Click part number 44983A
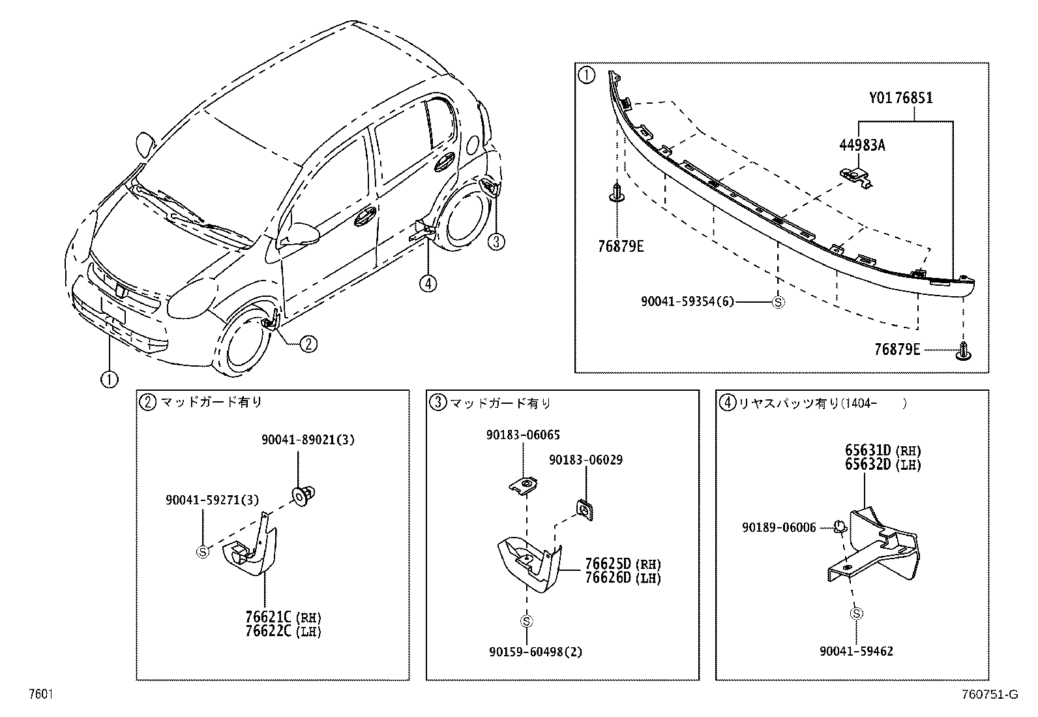click(861, 145)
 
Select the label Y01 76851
click(900, 98)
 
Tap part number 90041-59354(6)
click(687, 301)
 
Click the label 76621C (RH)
click(284, 617)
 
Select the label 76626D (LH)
click(623, 578)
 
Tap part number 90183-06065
click(522, 435)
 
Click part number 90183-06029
click(585, 460)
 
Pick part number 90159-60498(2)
click(536, 652)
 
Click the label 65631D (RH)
click(883, 451)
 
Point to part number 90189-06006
click(778, 528)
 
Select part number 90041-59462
click(856, 651)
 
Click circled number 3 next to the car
click(496, 242)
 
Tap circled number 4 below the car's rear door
click(428, 283)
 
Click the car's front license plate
click(113, 308)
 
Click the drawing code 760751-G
click(989, 695)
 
